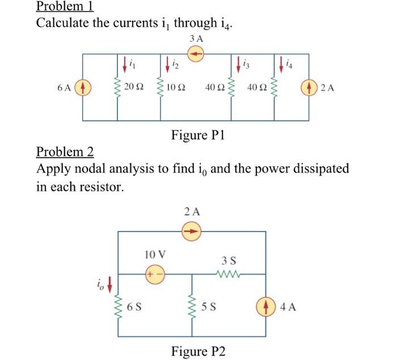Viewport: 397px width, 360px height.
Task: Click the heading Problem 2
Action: click(65, 152)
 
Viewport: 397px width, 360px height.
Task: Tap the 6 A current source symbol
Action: click(83, 88)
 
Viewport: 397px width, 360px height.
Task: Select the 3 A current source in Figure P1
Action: click(196, 54)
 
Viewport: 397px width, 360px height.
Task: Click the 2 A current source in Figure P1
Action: click(309, 88)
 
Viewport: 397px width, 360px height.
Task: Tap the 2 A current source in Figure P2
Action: click(192, 231)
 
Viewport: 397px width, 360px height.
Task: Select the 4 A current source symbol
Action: click(266, 308)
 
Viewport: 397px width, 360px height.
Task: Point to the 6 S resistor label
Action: click(134, 308)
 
